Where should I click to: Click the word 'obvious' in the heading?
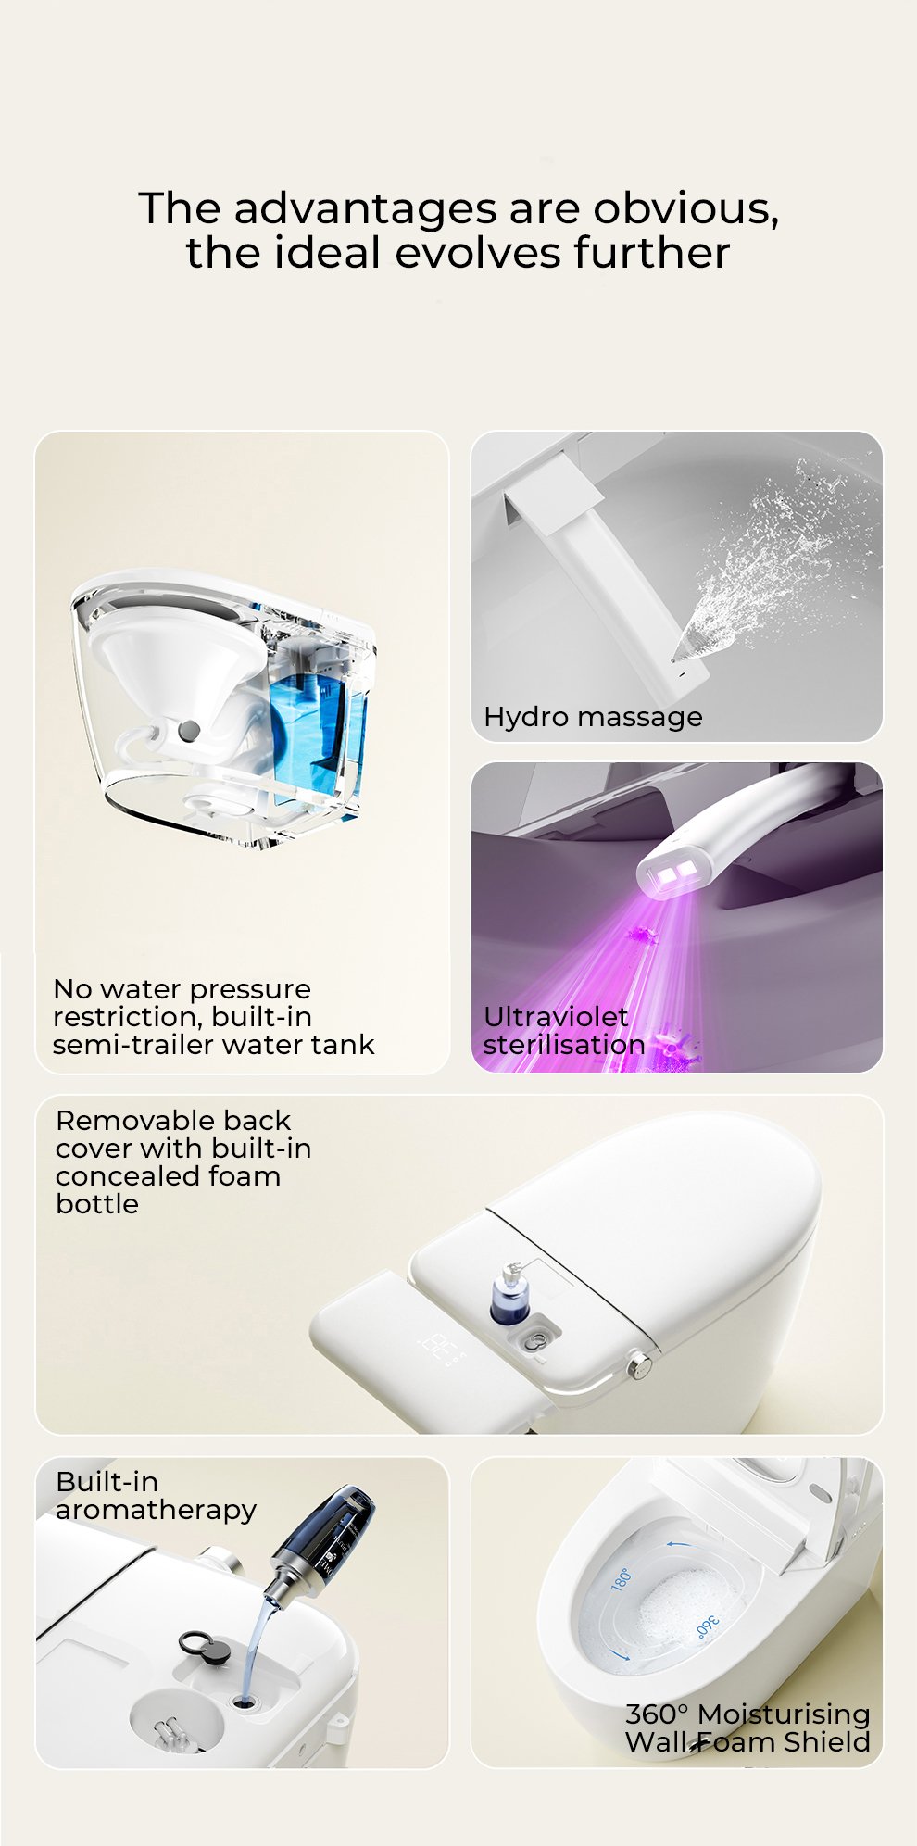[x=685, y=208]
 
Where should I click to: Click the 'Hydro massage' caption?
[x=593, y=717]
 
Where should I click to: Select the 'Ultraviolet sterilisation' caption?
[x=564, y=1030]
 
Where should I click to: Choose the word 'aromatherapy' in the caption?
[x=156, y=1511]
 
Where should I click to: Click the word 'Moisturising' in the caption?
[x=784, y=1715]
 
